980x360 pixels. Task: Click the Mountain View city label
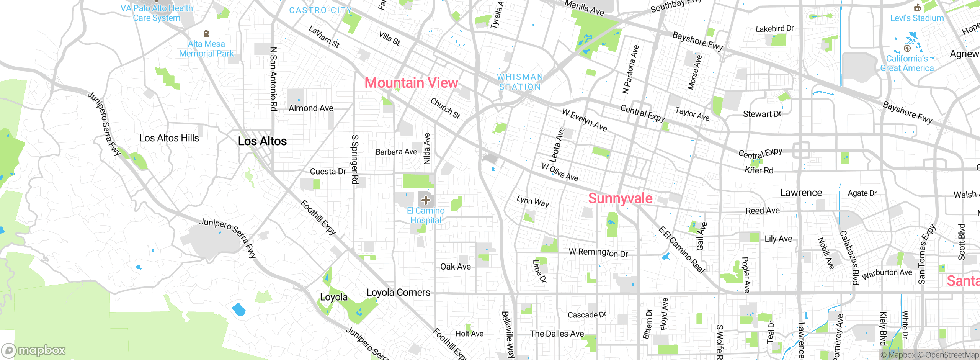[411, 83]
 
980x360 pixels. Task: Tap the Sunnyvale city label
[620, 198]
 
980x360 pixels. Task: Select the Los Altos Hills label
[169, 138]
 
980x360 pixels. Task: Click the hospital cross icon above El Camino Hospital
[426, 200]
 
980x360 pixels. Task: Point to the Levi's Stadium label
[916, 18]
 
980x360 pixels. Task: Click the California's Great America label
[907, 63]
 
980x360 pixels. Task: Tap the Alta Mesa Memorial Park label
[206, 49]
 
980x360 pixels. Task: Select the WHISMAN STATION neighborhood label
[520, 82]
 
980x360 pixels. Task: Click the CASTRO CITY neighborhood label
[320, 10]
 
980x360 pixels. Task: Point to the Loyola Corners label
[398, 293]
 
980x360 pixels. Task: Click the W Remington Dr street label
[598, 252]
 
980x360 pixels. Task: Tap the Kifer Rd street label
[759, 170]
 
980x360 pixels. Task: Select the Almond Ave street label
[311, 108]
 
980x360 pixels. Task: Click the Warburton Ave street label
[887, 273]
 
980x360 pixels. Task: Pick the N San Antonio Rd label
[273, 79]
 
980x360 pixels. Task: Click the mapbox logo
[34, 350]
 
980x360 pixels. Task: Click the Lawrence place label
[801, 193]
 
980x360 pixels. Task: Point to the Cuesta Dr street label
[328, 172]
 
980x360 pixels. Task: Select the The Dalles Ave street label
[557, 334]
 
